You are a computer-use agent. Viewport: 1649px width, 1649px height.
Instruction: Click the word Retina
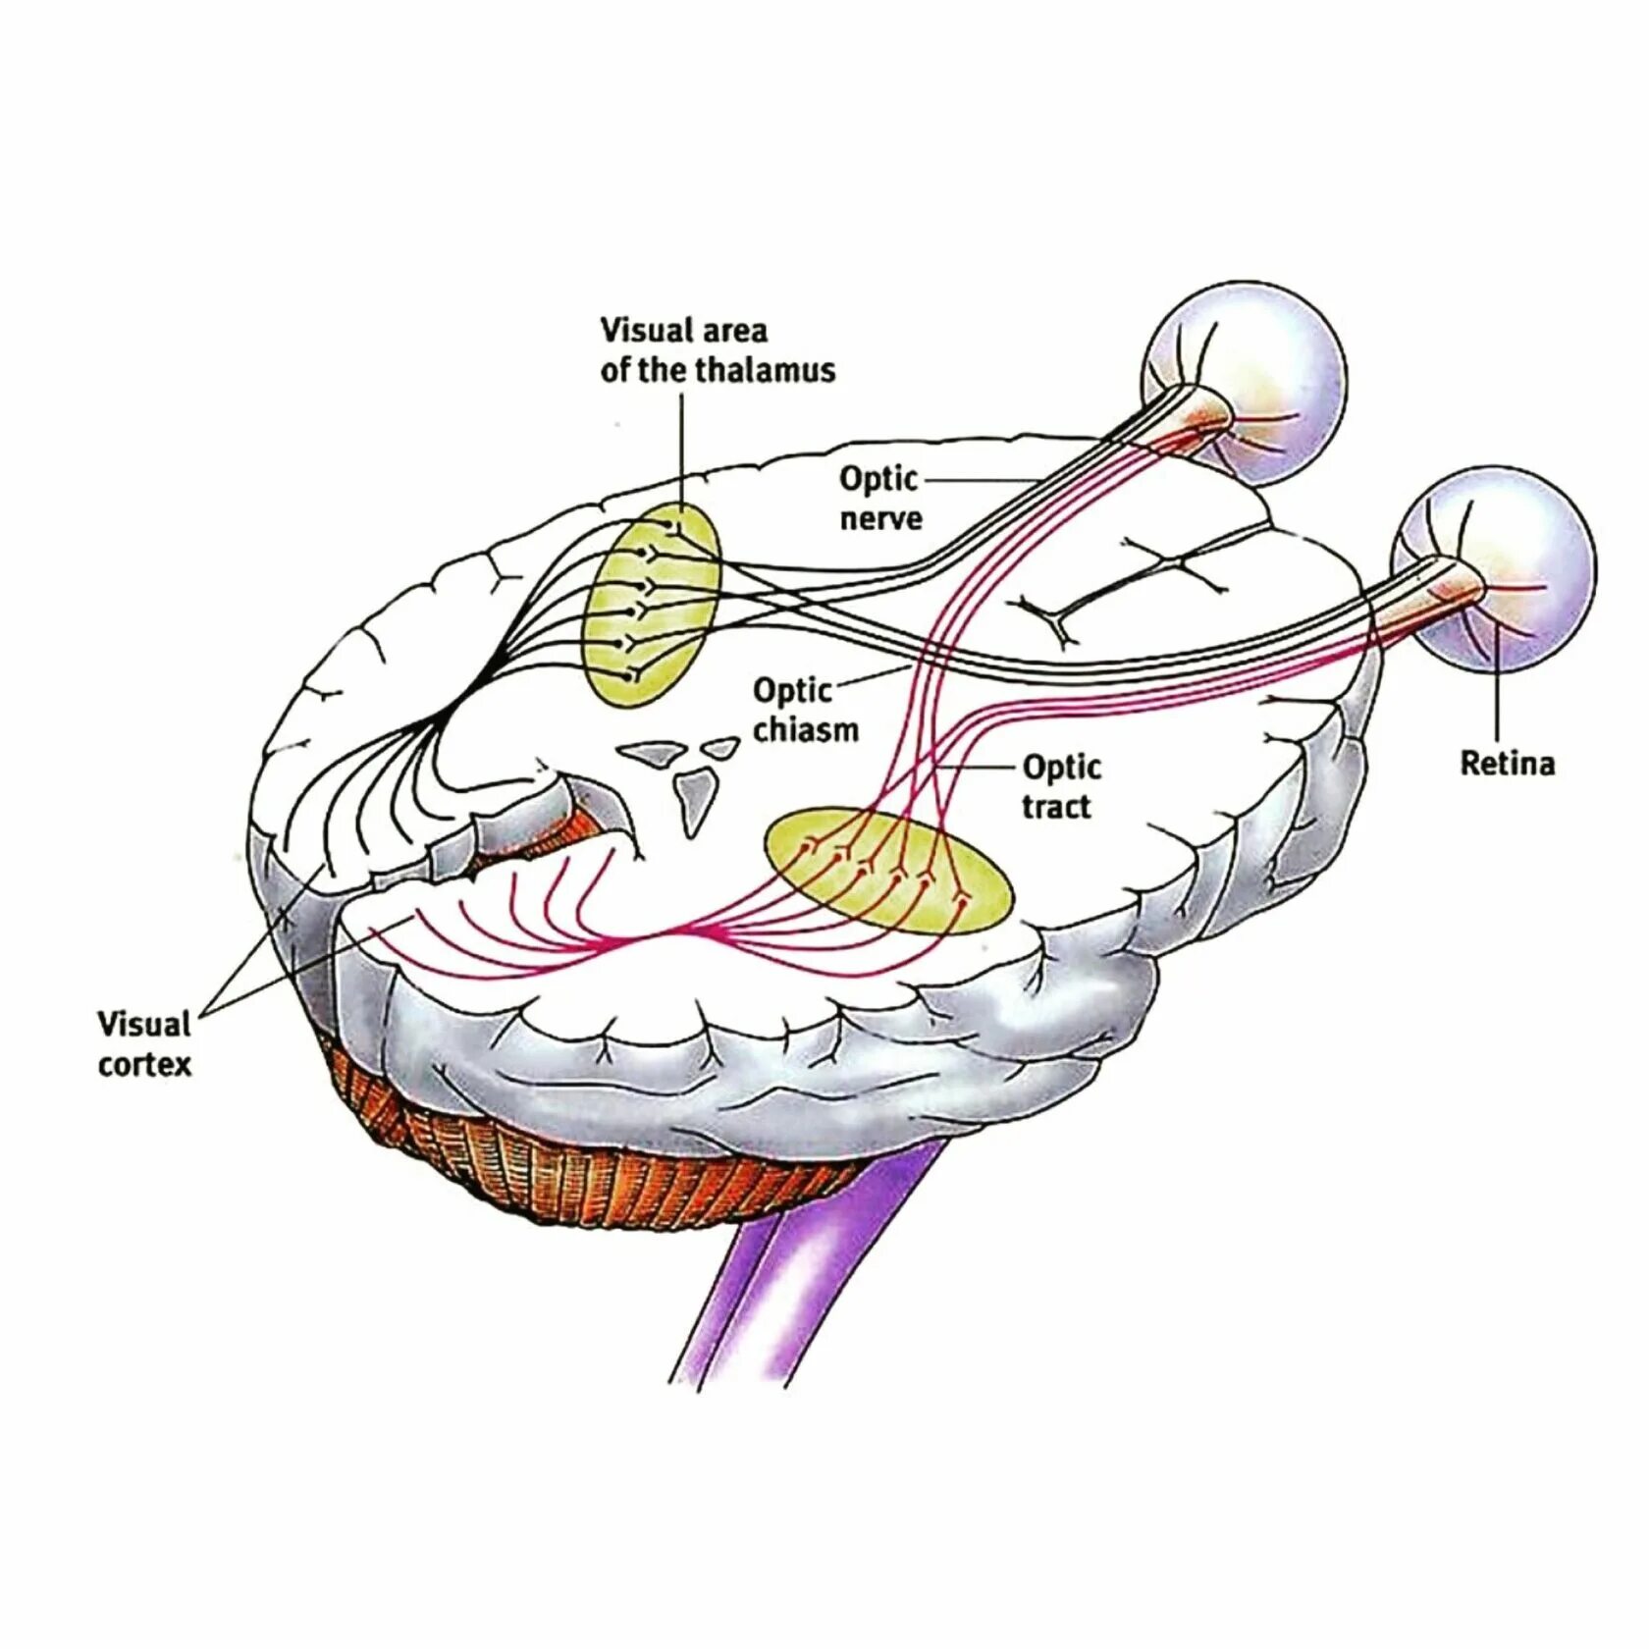click(1507, 763)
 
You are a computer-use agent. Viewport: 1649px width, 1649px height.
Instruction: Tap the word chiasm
click(805, 729)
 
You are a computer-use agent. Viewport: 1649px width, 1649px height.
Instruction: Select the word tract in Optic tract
click(1055, 807)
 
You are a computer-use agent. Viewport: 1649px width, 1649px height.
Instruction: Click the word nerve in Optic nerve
click(880, 518)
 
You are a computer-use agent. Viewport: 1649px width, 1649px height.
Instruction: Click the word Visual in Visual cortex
click(143, 1024)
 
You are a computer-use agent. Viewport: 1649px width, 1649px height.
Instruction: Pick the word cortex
click(144, 1064)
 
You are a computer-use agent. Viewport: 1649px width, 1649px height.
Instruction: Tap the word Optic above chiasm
click(792, 690)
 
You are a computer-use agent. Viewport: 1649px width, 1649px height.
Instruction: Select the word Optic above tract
click(1061, 767)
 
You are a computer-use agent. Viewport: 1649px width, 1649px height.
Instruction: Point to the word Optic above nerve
click(878, 479)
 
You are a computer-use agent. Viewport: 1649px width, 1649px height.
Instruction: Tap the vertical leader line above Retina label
click(1498, 687)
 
